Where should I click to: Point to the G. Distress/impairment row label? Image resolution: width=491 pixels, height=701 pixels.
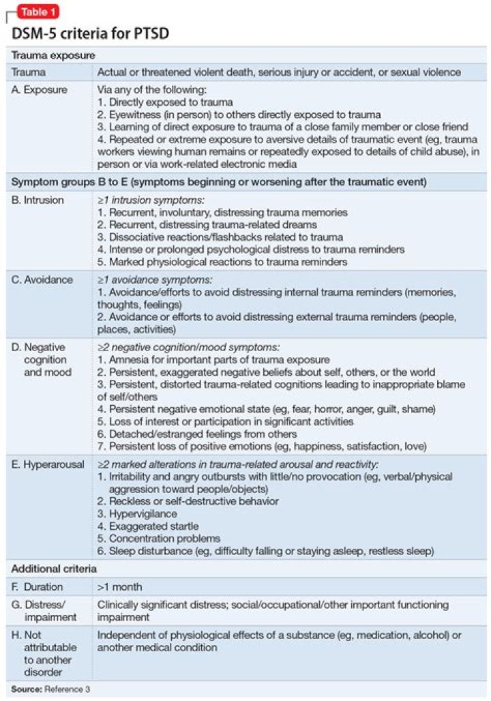[42, 610]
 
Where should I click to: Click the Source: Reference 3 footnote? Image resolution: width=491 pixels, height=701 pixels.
[50, 689]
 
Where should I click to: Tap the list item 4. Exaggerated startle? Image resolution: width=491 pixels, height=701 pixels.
[148, 526]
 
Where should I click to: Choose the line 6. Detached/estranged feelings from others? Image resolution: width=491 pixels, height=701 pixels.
[197, 434]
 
